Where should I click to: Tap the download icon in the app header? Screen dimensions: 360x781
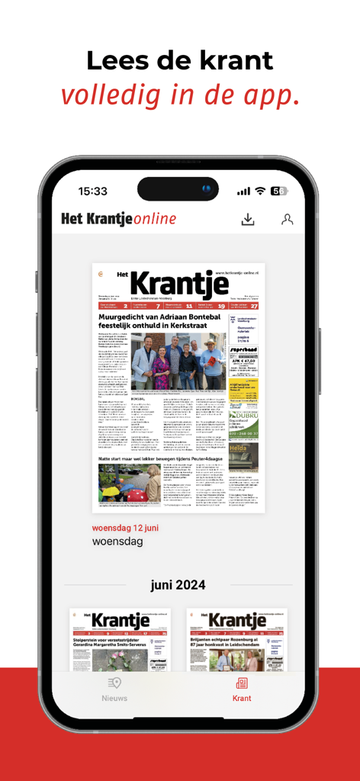247,220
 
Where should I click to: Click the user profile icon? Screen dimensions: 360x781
287,220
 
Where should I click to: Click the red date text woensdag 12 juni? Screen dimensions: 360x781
125,527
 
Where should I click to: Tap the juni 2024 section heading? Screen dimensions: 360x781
178,585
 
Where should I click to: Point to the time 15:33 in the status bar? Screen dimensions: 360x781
92,191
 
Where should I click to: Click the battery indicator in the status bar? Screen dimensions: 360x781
279,191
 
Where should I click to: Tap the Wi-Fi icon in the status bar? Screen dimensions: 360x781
260,191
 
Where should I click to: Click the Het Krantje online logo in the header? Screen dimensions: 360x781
119,220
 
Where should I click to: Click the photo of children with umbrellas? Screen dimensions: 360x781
130,484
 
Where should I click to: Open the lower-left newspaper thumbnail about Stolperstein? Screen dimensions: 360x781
120,640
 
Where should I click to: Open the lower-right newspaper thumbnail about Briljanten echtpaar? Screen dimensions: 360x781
239,640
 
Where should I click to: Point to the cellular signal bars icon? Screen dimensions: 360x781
243,191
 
